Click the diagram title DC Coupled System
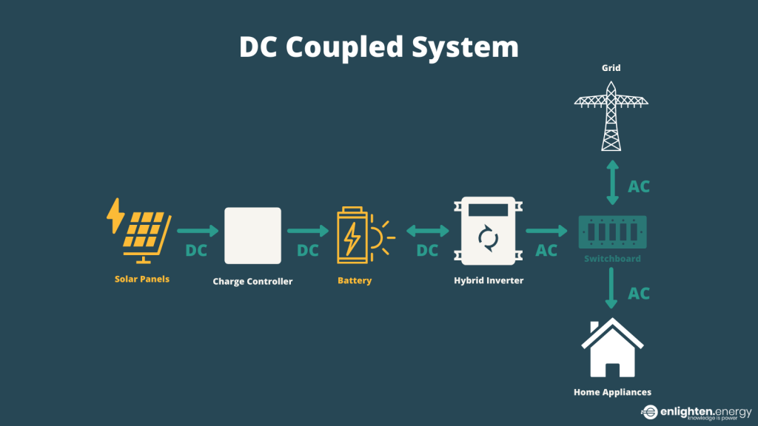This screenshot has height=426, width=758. pos(378,47)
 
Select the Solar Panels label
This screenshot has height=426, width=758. pos(141,280)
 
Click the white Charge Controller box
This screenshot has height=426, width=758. pos(252,235)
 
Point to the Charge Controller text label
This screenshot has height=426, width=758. pos(252,281)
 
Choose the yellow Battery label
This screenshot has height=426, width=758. pos(354,281)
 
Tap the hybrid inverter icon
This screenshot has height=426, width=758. pos(488,231)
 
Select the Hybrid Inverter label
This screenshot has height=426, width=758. pos(488,281)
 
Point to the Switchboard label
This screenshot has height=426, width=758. pos(611,259)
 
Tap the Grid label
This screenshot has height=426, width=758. pos(611,68)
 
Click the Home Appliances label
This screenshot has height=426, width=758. pos(612,392)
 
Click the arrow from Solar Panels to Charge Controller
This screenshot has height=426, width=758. pos(198,231)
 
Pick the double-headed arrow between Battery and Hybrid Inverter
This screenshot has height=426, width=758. pos(427,231)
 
